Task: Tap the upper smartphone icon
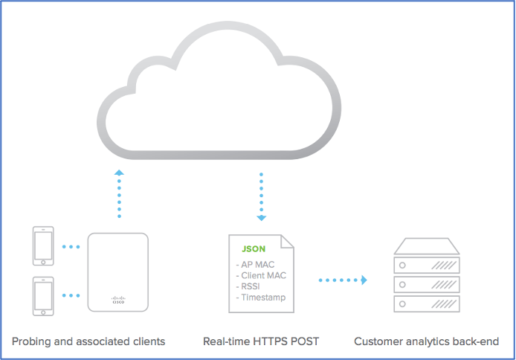(42, 246)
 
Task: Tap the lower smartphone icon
(42, 296)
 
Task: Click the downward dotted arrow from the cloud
(261, 196)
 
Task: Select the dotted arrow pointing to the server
(343, 280)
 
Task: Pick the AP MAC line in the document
(255, 264)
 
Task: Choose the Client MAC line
(259, 275)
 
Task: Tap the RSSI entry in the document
(249, 286)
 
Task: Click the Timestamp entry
(260, 298)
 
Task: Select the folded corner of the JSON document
(286, 240)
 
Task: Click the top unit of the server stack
(427, 263)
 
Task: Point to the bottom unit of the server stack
(427, 303)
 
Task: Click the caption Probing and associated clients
(88, 341)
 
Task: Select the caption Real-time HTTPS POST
(261, 341)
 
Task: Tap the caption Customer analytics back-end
(426, 341)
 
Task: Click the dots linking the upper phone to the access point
(71, 246)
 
